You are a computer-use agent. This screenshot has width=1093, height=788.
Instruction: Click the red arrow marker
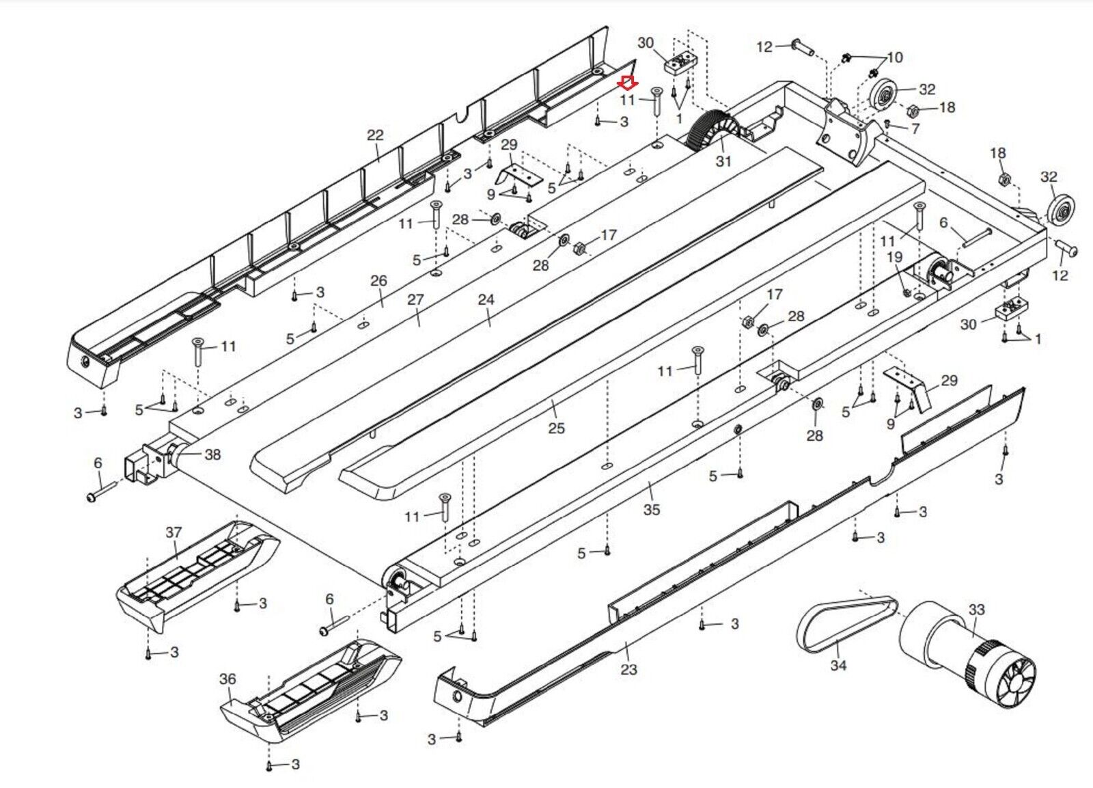[x=628, y=83]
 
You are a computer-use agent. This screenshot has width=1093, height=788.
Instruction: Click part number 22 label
[x=375, y=135]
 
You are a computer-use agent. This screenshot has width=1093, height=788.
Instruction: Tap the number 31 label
[x=723, y=161]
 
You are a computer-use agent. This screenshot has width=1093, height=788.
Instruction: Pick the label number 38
[x=212, y=454]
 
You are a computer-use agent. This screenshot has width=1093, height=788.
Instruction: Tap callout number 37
[x=174, y=532]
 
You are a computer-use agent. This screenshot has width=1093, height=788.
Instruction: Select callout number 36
[x=227, y=679]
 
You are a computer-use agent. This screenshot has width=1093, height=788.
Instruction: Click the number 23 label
[x=628, y=669]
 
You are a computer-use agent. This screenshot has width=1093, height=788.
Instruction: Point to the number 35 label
[x=652, y=509]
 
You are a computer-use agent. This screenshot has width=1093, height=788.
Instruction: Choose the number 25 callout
[x=556, y=428]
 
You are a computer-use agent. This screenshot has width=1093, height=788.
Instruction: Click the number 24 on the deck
[x=486, y=299]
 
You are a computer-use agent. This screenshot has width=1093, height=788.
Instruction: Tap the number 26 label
[x=378, y=280]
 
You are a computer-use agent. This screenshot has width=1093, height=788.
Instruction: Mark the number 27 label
[x=415, y=299]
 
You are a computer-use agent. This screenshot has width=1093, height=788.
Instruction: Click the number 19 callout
[x=894, y=257]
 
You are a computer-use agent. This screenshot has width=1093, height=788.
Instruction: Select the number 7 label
[x=915, y=128]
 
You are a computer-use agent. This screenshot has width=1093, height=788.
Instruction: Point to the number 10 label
[x=894, y=57]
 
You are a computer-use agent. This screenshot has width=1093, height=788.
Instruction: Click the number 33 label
[x=977, y=609]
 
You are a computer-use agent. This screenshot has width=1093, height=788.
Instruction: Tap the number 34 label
[x=838, y=665]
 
